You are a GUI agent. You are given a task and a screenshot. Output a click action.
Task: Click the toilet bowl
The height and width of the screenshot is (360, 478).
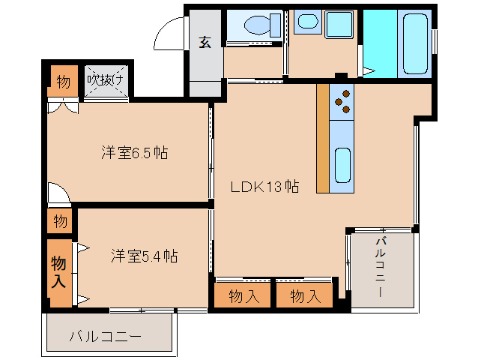coord(259,25)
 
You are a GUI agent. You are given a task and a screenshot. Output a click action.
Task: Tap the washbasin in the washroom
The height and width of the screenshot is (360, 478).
coord(308,22)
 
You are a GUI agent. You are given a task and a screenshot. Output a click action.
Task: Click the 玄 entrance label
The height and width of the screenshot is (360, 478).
coord(205,42)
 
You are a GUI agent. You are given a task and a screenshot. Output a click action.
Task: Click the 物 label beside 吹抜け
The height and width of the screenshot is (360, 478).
coord(63,81)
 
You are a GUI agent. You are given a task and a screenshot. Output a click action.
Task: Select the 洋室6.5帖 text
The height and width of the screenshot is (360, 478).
coord(135,153)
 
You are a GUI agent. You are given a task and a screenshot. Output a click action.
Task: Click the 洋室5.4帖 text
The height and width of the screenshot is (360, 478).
coord(145,256)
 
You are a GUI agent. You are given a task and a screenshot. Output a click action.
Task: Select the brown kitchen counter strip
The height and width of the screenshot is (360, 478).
coord(323,139)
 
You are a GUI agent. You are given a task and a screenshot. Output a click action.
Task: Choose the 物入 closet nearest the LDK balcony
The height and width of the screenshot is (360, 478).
coord(305,295)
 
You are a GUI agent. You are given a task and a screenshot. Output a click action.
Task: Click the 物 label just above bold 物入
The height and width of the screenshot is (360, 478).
coord(61,221)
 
